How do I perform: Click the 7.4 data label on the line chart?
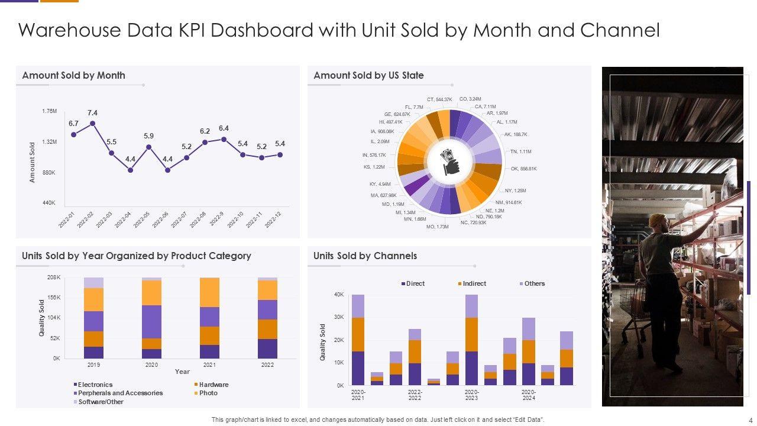pyautogui.click(x=92, y=113)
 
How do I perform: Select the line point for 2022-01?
pyautogui.click(x=74, y=134)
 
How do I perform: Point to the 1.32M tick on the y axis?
pyautogui.click(x=49, y=142)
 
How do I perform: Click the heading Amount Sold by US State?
pyautogui.click(x=368, y=75)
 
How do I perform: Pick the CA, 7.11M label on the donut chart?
pyautogui.click(x=485, y=106)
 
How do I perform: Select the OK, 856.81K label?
pyautogui.click(x=523, y=169)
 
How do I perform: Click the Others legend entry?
pyautogui.click(x=532, y=283)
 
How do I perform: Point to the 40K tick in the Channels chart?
pyautogui.click(x=339, y=295)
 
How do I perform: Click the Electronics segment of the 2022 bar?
pyautogui.click(x=267, y=348)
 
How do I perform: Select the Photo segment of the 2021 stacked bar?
pyautogui.click(x=209, y=292)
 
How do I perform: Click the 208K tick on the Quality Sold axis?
pyautogui.click(x=53, y=277)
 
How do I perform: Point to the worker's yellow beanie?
pyautogui.click(x=656, y=220)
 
